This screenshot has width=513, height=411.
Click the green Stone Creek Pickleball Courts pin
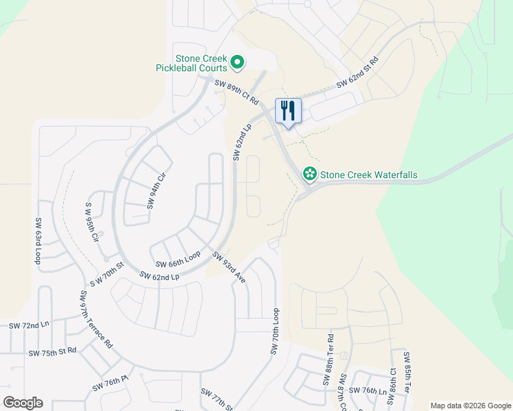coord(237,63)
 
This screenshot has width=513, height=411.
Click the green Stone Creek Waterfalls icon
coord(310,175)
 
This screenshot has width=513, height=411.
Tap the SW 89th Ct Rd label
coord(237,92)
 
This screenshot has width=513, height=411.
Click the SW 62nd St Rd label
coord(357,73)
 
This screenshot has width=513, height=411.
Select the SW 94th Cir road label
coord(157,191)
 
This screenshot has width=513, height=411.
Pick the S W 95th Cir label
coord(91,223)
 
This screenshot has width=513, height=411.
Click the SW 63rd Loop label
coord(38,241)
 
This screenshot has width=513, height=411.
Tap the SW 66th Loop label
coord(178,259)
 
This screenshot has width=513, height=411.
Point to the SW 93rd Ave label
coord(228,268)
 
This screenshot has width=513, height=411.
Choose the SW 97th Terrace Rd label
coord(96,319)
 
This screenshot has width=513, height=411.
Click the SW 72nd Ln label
coord(29,325)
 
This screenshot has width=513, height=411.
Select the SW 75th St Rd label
coord(53,352)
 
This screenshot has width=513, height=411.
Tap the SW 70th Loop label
coord(276,330)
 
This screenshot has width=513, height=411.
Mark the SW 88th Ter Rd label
coord(330,360)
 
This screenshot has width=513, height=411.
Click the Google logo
coord(23,402)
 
